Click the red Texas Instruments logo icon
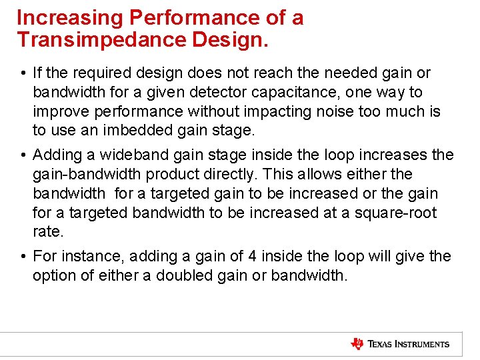click(x=357, y=344)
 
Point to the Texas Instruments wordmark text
click(x=409, y=344)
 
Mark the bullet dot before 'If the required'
click(x=23, y=73)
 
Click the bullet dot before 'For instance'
click(x=23, y=257)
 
